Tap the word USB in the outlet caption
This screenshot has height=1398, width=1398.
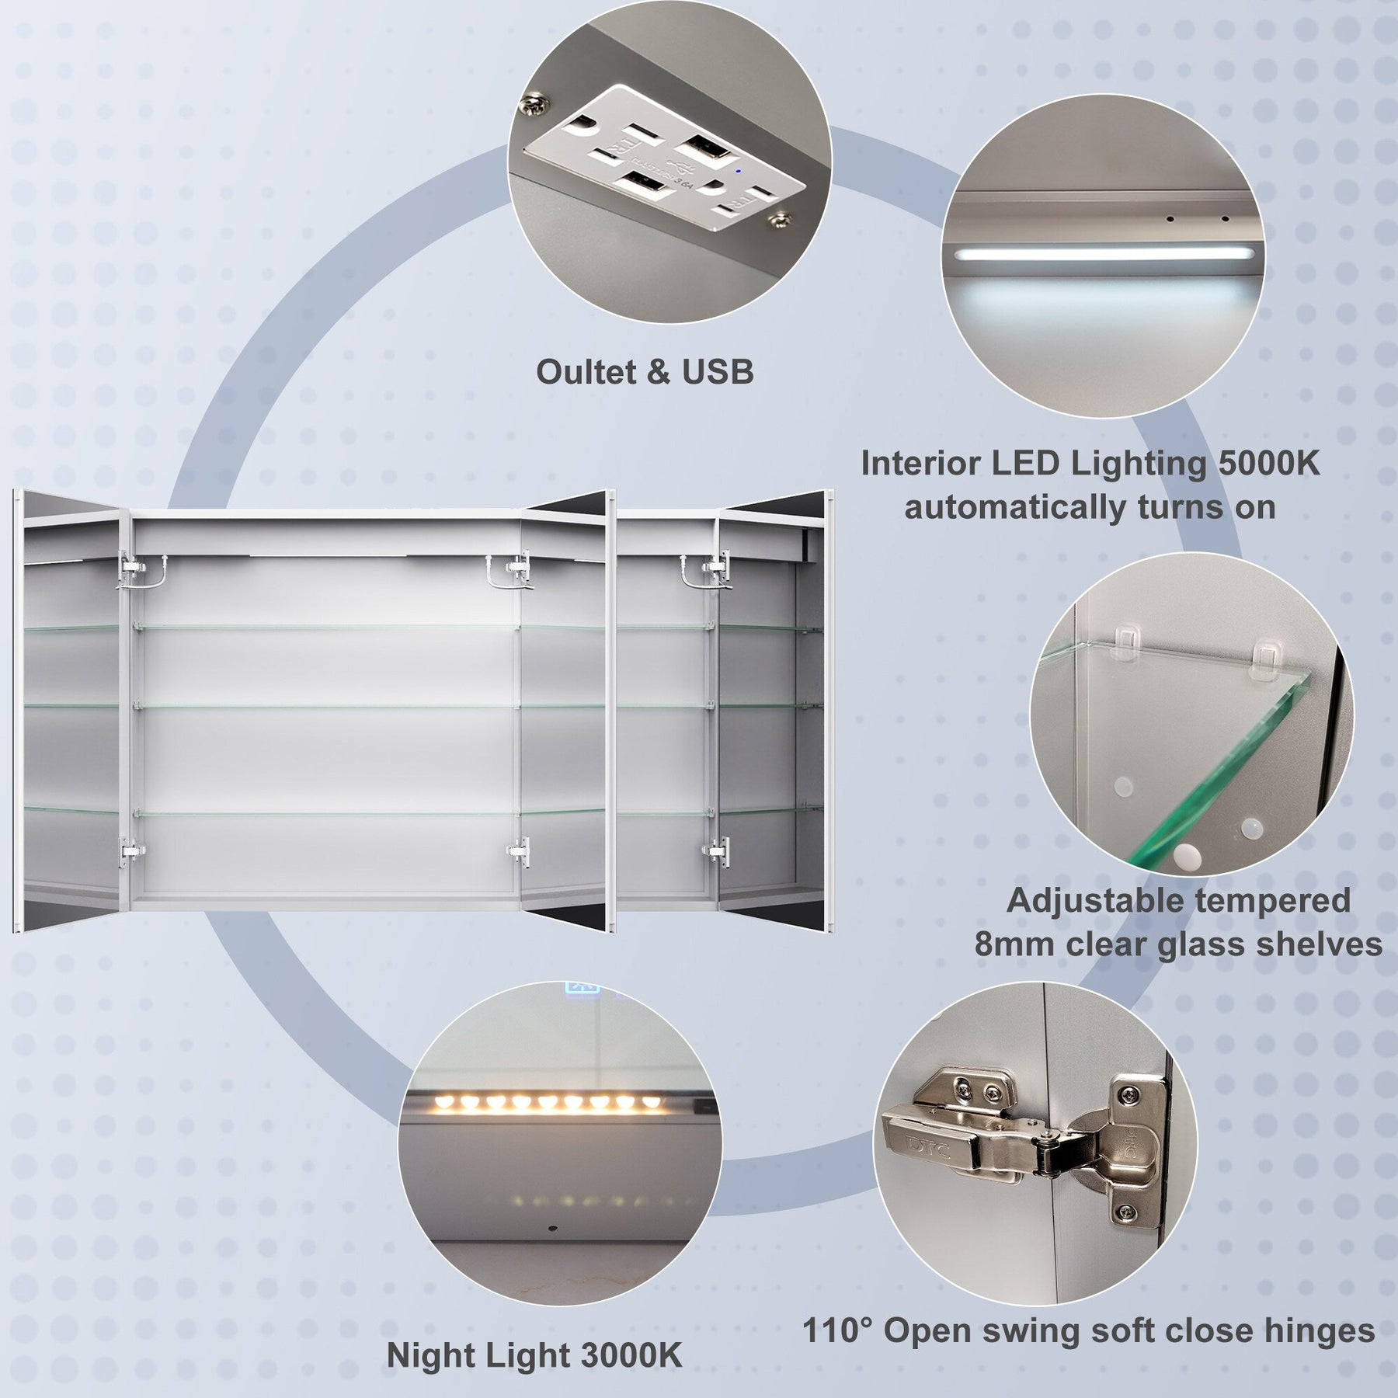[x=718, y=372]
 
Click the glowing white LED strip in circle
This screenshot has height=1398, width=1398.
[x=1102, y=253]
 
